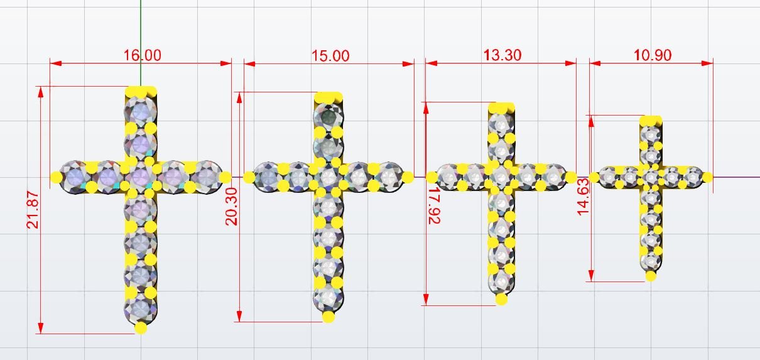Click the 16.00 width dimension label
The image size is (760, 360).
point(142,55)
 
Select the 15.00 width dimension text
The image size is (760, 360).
point(330,56)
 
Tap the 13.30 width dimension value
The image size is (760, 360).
point(502,55)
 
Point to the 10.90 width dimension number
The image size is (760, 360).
point(653,55)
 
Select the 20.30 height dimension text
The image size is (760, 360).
point(231,207)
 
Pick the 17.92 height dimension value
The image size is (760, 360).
point(434,205)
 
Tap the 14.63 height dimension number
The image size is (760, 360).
point(583,197)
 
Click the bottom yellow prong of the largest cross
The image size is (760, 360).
point(141,328)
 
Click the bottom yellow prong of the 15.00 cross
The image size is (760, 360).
point(328,317)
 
